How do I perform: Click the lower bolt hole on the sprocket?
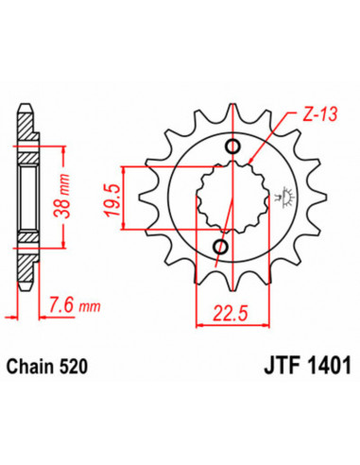[x=220, y=247]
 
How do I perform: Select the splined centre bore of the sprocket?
[x=227, y=198]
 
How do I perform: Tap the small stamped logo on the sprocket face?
[x=280, y=198]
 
